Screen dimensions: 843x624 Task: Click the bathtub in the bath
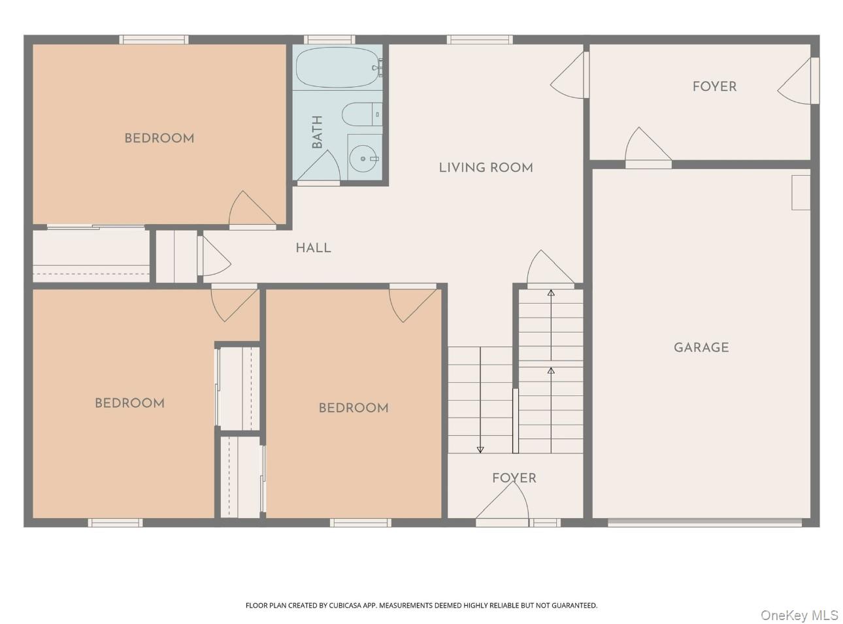[338, 67]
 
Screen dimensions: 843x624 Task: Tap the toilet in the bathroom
[362, 114]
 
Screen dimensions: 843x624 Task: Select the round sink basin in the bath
[363, 159]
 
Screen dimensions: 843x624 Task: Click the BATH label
[316, 132]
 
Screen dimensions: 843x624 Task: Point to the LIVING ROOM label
[486, 167]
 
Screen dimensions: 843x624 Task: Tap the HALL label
[313, 248]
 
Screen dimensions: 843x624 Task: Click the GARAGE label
[701, 348]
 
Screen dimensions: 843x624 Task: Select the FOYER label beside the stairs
[514, 478]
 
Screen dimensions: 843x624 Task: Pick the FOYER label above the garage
[714, 87]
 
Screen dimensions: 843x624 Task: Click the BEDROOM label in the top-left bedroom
[159, 139]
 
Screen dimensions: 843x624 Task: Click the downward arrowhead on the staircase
[480, 450]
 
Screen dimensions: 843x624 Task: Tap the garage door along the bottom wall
[704, 522]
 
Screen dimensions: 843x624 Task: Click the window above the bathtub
[329, 39]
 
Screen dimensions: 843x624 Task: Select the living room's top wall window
[480, 39]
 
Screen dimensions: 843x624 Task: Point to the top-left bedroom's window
[154, 39]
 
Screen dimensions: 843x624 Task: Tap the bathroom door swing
[318, 166]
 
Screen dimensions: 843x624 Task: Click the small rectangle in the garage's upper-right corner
[801, 192]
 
